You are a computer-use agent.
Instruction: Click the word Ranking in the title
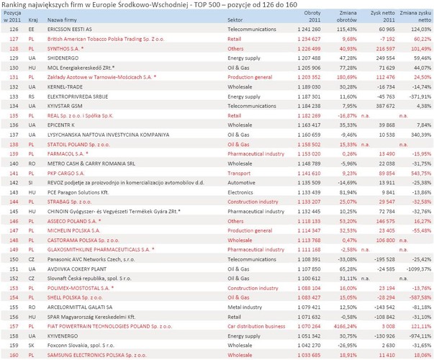(x=15, y=5)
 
